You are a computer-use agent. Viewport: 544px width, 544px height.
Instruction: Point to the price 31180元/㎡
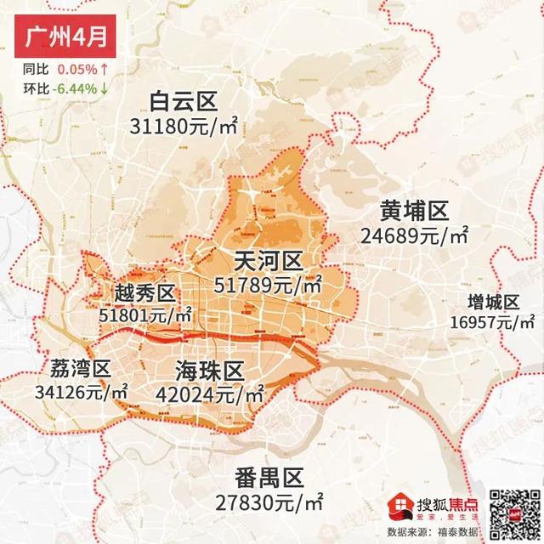(184, 127)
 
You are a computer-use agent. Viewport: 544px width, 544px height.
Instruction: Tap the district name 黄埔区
(414, 210)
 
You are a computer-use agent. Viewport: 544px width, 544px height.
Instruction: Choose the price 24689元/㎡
(415, 234)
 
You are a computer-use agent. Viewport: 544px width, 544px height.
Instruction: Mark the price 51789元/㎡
(269, 285)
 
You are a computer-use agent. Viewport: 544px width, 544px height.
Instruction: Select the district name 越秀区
(144, 294)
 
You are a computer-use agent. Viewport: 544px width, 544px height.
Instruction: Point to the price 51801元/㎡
(145, 315)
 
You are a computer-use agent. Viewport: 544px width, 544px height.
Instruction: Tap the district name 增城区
(493, 303)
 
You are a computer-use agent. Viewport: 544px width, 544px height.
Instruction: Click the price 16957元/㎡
(493, 322)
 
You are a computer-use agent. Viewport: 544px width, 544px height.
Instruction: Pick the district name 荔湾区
(76, 369)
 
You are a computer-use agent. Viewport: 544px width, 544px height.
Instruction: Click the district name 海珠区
(210, 371)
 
